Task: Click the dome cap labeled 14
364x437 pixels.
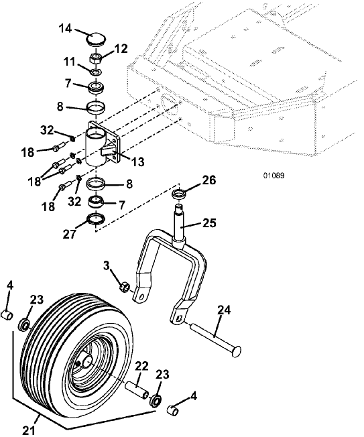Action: pos(96,40)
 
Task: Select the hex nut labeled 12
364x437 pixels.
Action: pos(96,58)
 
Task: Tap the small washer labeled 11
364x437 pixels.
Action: pos(97,72)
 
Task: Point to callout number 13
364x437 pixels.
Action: pos(138,162)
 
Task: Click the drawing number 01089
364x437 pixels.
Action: pos(274,176)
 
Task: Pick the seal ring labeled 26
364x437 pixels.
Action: pos(179,194)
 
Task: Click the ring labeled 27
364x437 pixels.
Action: pos(96,219)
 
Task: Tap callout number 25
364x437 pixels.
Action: pos(209,223)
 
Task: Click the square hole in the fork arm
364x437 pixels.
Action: pos(180,318)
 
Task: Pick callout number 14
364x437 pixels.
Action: pos(66,28)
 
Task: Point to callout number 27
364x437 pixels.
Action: pos(70,234)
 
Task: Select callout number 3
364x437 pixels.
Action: pos(106,265)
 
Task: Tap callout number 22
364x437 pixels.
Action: pos(142,367)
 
